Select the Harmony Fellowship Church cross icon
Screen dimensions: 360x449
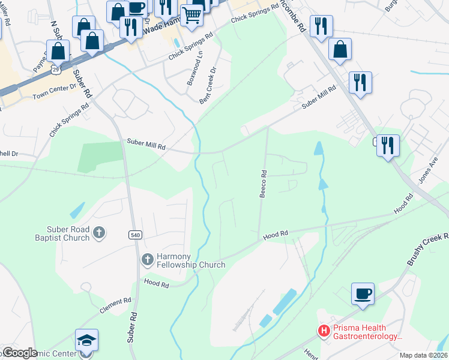pyautogui.click(x=147, y=259)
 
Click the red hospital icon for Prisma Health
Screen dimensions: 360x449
pyautogui.click(x=324, y=331)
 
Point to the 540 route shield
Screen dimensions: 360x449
pyautogui.click(x=135, y=235)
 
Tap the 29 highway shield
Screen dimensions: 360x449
pyautogui.click(x=55, y=70)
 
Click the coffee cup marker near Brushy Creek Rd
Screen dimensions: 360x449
pyautogui.click(x=363, y=294)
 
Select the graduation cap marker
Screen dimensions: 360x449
pyautogui.click(x=86, y=340)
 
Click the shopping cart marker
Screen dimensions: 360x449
pyautogui.click(x=191, y=15)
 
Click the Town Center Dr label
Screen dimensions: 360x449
pyautogui.click(x=55, y=91)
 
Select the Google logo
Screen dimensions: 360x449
pyautogui.click(x=20, y=353)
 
